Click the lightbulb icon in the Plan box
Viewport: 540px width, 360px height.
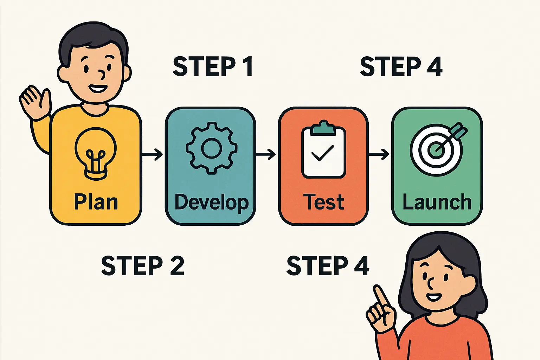pyautogui.click(x=95, y=153)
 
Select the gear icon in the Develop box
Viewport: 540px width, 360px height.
pyautogui.click(x=211, y=148)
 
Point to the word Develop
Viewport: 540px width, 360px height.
pyautogui.click(x=211, y=203)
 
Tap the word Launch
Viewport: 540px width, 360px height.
pyautogui.click(x=437, y=202)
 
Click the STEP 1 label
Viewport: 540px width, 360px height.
pyautogui.click(x=213, y=66)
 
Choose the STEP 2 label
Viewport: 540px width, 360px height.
pyautogui.click(x=142, y=266)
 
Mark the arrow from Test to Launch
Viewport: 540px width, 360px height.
pyautogui.click(x=379, y=154)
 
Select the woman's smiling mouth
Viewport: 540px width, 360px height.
pyautogui.click(x=434, y=297)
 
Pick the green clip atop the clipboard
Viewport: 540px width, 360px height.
pyautogui.click(x=323, y=128)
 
